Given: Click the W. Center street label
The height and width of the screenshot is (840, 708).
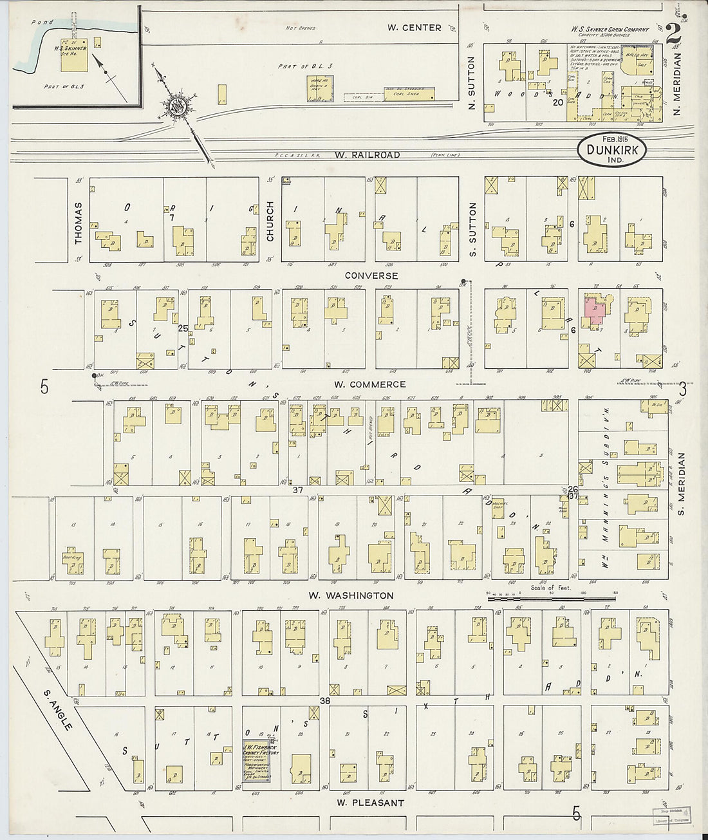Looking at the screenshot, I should [414, 28].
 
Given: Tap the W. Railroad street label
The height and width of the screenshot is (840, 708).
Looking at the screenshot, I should [367, 155].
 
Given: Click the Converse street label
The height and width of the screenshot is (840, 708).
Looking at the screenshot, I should [371, 275].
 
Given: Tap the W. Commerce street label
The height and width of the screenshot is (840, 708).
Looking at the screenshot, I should [369, 384].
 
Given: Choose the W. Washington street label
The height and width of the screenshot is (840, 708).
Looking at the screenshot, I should [351, 595].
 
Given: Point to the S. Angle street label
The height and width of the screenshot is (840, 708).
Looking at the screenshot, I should [58, 710].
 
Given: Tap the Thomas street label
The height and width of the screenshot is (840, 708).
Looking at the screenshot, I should [79, 223].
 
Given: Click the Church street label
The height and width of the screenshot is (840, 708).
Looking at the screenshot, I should [270, 221].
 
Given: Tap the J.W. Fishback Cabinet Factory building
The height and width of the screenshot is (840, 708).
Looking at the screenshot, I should [256, 757].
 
